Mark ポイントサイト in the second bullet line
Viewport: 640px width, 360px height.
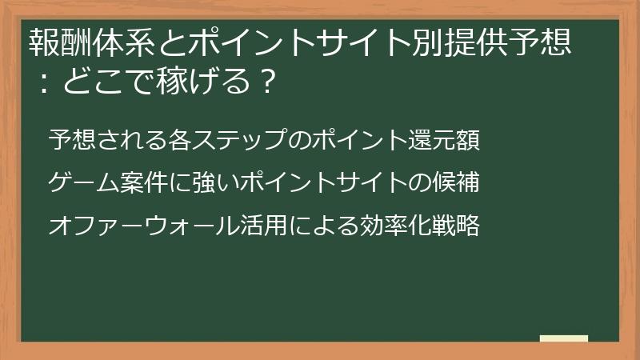[x=319, y=184]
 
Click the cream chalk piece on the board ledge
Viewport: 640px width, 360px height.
[x=563, y=338]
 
